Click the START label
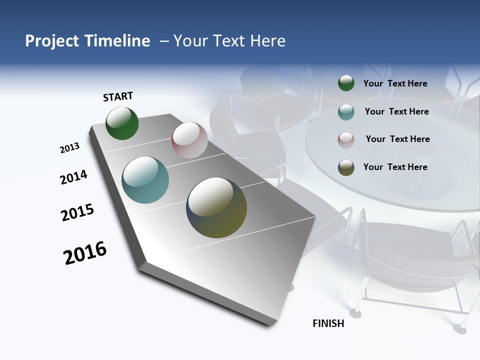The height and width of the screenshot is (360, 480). pyautogui.click(x=118, y=96)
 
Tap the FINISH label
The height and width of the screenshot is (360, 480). pyautogui.click(x=328, y=323)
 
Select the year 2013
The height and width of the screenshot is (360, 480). pyautogui.click(x=69, y=148)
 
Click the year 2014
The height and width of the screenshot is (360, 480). pyautogui.click(x=73, y=177)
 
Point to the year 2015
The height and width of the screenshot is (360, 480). pyautogui.click(x=77, y=212)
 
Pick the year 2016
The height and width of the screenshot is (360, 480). pyautogui.click(x=85, y=253)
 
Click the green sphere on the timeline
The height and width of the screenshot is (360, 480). pyautogui.click(x=122, y=123)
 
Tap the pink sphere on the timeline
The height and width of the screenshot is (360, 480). pyautogui.click(x=189, y=139)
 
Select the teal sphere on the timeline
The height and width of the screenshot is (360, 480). pyautogui.click(x=145, y=180)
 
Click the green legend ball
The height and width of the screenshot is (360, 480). pyautogui.click(x=346, y=83)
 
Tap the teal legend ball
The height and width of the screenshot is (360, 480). pyautogui.click(x=346, y=112)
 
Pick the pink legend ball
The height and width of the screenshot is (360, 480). pyautogui.click(x=346, y=140)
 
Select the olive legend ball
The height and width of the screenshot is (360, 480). pyautogui.click(x=346, y=167)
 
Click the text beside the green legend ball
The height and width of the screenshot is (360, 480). pyautogui.click(x=395, y=83)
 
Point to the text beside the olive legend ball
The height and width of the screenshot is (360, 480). pyautogui.click(x=395, y=167)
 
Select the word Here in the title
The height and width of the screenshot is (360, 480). pyautogui.click(x=267, y=40)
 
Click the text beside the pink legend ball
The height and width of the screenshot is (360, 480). pyautogui.click(x=397, y=139)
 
